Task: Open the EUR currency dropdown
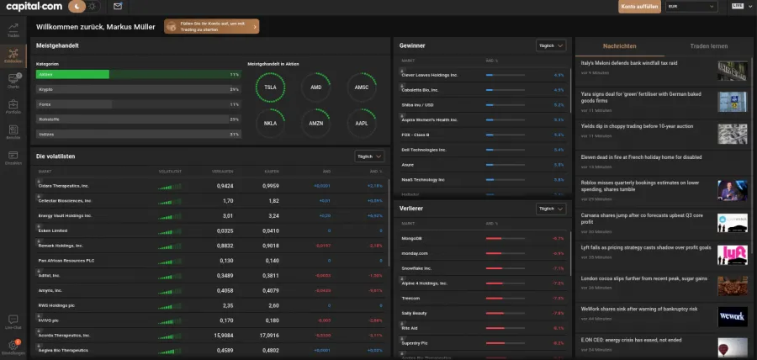(x=691, y=6)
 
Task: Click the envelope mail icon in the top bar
(x=117, y=6)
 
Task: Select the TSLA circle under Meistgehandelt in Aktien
(x=270, y=87)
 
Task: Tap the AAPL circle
(x=361, y=123)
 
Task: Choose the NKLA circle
(x=270, y=123)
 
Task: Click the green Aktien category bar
(x=72, y=74)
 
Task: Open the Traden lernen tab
(x=708, y=45)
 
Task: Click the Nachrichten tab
(x=620, y=45)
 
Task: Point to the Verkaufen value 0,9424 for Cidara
(x=225, y=186)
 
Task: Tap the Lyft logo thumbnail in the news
(x=732, y=253)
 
